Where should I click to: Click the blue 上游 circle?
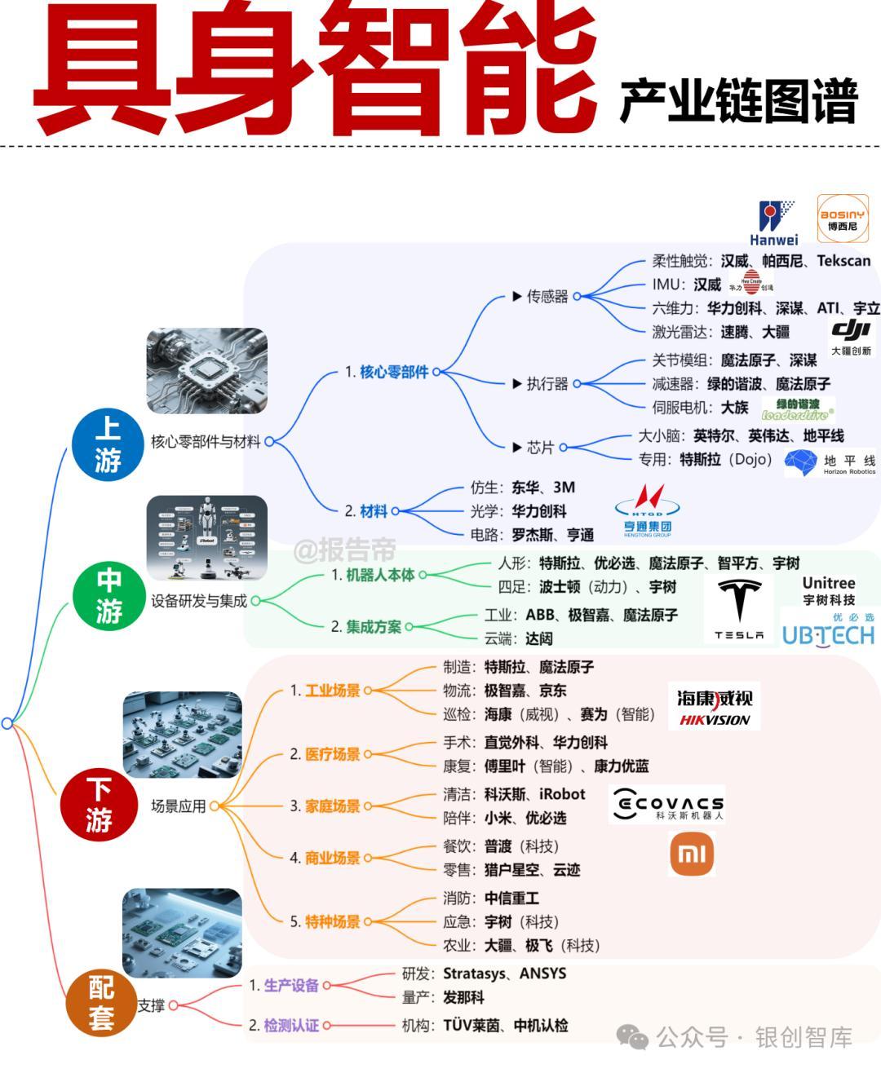(x=108, y=444)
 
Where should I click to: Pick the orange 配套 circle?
(x=102, y=1004)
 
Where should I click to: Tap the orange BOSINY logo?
(x=842, y=218)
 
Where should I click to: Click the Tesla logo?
(x=740, y=609)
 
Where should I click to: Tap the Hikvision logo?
(x=714, y=706)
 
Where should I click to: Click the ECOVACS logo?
(x=667, y=805)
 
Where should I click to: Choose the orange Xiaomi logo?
(x=691, y=854)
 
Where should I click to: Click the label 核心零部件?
(x=394, y=372)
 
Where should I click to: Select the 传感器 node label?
(x=547, y=296)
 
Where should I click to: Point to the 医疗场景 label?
(x=333, y=754)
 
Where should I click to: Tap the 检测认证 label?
(x=291, y=1025)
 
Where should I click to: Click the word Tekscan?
(x=843, y=261)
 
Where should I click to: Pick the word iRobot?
(x=562, y=794)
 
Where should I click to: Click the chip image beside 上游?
(x=206, y=372)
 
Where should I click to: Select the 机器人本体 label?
(x=380, y=575)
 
